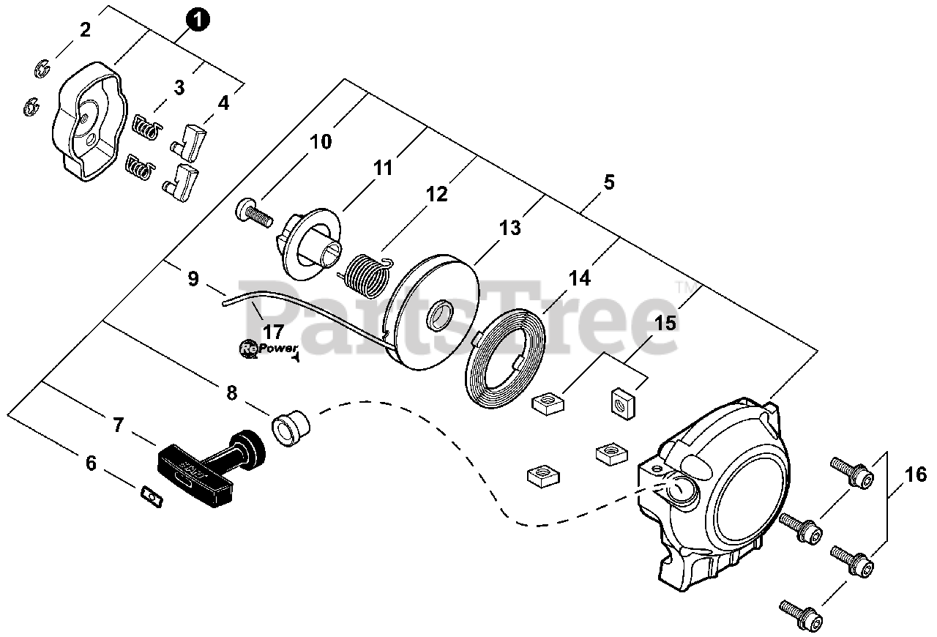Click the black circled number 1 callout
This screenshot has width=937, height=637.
198,18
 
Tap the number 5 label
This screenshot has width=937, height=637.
609,182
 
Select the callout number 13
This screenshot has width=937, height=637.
510,228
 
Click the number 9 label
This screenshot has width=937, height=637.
193,279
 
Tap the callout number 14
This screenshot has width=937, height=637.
579,278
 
